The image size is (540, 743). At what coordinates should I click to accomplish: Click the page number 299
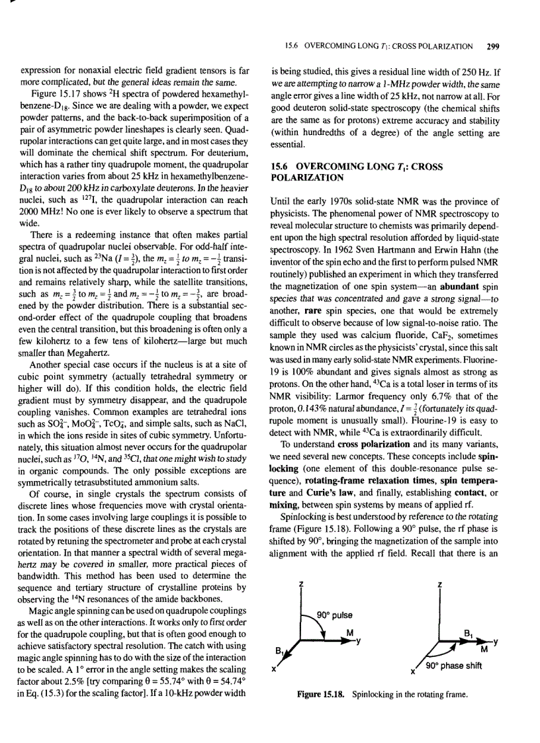(492, 47)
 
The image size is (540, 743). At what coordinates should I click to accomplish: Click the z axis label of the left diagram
(301, 584)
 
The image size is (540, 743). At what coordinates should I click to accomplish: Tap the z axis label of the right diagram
(439, 584)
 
